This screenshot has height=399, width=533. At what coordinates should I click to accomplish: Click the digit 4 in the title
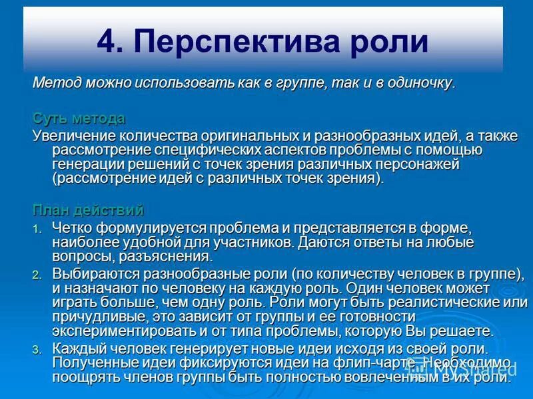[x=106, y=41]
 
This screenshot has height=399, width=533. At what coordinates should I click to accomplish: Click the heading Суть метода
[x=79, y=118]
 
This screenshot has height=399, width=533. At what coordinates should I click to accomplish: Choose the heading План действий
[x=89, y=211]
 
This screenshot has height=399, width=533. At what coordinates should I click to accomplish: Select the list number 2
[x=37, y=275]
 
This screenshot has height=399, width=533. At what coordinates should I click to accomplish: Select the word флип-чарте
[x=363, y=363]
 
